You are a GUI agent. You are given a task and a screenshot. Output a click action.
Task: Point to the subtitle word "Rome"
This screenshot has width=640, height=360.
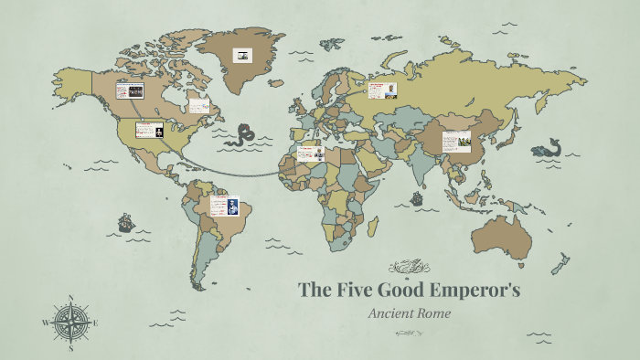(432, 313)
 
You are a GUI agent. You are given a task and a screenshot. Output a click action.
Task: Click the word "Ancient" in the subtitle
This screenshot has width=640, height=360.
(389, 313)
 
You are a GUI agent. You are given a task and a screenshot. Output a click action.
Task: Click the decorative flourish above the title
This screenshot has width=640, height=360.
(409, 267)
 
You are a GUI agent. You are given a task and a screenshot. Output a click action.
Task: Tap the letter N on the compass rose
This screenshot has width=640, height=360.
(71, 297)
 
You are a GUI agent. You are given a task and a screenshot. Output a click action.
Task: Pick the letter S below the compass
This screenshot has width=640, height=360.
(71, 348)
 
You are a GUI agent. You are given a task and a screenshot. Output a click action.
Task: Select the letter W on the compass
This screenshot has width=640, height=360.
(45, 323)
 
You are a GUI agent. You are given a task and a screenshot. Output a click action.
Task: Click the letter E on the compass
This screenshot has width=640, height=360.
(97, 323)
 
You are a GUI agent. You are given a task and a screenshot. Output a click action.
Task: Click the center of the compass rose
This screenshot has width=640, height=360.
(71, 323)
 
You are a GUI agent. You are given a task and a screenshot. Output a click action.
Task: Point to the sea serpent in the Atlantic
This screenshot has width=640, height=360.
(241, 135)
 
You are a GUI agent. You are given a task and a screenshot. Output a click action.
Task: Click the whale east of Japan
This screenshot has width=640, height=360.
(549, 147)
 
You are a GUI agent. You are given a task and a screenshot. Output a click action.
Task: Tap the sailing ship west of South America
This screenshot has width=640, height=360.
(125, 222)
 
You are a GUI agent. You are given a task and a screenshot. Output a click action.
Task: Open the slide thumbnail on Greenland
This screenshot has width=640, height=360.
(242, 56)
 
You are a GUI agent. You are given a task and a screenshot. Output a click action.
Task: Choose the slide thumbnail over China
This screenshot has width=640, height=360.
(456, 142)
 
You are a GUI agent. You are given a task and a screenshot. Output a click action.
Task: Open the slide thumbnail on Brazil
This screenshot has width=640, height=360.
(224, 206)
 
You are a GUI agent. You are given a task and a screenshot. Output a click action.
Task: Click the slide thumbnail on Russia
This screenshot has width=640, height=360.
(383, 90)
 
